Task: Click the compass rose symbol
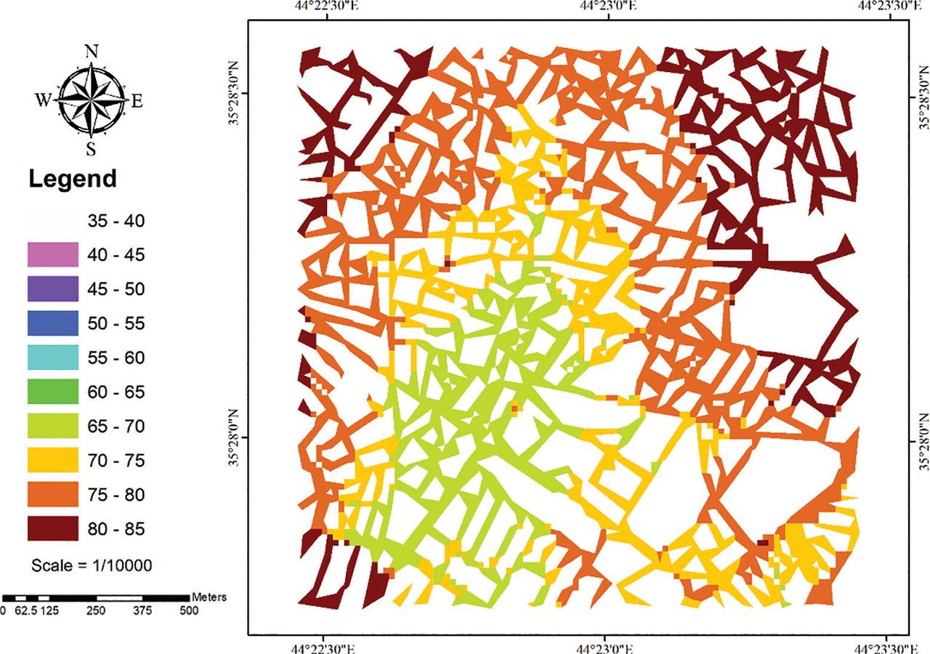(92, 100)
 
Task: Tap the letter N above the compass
(92, 51)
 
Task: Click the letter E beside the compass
(137, 101)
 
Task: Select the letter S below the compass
(92, 149)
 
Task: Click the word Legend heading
(72, 179)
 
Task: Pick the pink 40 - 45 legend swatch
(52, 254)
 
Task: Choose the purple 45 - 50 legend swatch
(52, 288)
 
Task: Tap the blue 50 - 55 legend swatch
(52, 323)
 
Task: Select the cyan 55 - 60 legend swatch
(52, 358)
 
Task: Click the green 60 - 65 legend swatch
(52, 392)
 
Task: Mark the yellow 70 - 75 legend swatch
(52, 460)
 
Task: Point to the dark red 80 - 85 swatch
(52, 528)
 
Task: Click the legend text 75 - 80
(116, 495)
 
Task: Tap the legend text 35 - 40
(116, 220)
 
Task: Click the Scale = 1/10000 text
(91, 565)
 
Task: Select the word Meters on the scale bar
(209, 597)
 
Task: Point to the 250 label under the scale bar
(96, 611)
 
